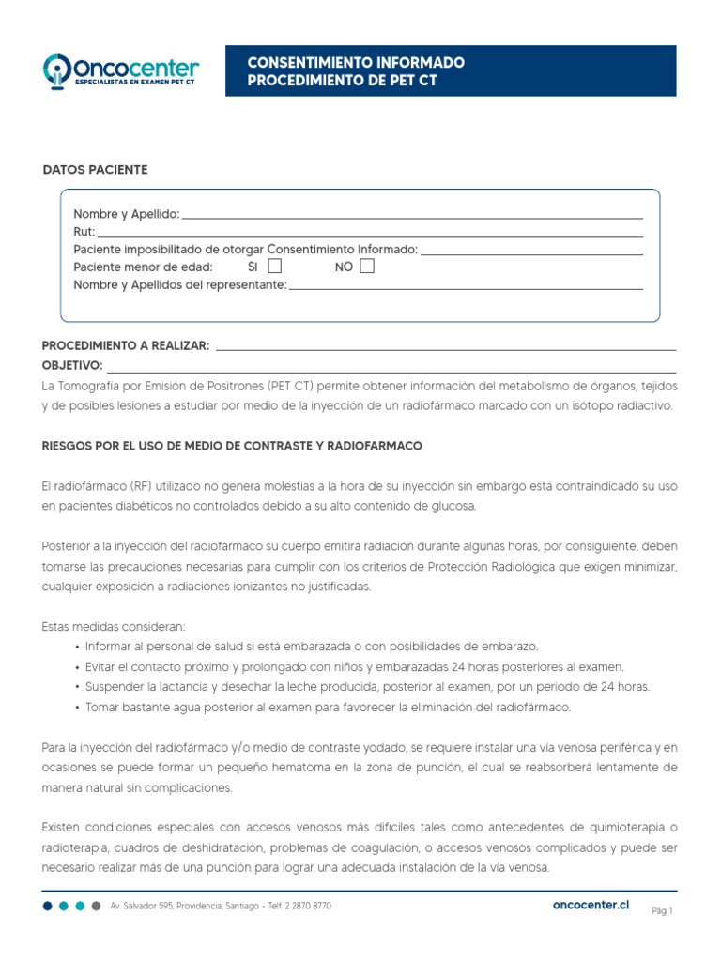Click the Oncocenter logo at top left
point(121,70)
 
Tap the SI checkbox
point(275,267)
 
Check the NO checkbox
point(367,267)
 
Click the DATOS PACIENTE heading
point(96,170)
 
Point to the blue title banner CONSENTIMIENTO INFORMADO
point(451,71)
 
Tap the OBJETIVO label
point(72,365)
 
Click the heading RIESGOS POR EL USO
point(232,445)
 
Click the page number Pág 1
point(663,910)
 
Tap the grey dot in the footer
point(97,906)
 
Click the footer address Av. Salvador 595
point(221,906)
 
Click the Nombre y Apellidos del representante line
point(466,285)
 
